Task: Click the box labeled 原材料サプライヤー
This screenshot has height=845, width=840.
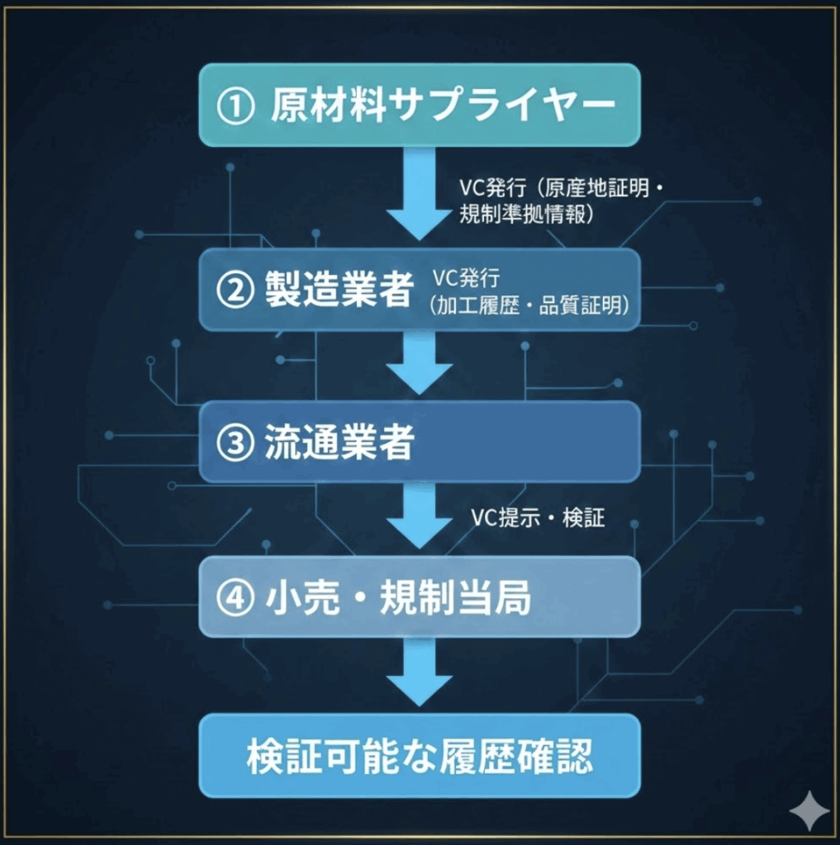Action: coord(420,106)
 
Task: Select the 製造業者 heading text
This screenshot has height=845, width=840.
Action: coord(339,290)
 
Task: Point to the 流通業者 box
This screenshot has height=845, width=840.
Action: coord(420,442)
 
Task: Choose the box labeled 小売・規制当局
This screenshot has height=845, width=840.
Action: coord(420,597)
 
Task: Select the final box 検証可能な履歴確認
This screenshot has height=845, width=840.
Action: coord(420,755)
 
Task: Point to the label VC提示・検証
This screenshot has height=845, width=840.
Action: coord(538,518)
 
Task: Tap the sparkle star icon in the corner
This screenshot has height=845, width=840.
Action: coord(809,811)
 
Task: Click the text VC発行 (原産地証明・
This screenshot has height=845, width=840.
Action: coord(562,187)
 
